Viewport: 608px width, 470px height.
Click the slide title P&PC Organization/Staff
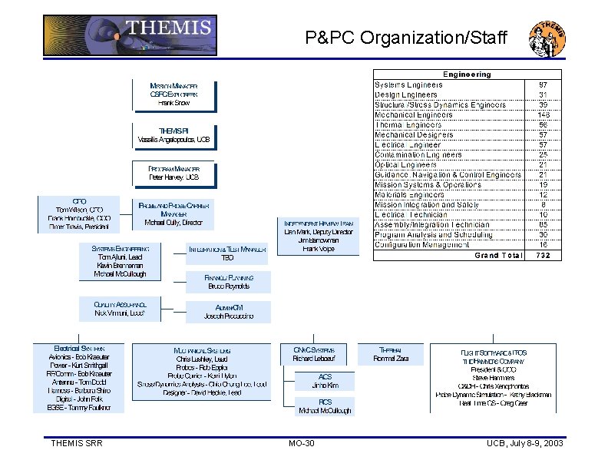coord(406,37)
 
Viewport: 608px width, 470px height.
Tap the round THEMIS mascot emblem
coord(547,38)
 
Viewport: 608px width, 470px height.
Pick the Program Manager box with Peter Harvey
coord(173,173)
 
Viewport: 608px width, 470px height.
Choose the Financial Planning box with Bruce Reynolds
coord(228,282)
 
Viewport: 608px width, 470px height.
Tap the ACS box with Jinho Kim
coord(325,380)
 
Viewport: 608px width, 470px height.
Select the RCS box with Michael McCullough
coord(325,406)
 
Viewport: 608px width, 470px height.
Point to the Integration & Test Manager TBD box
coord(228,253)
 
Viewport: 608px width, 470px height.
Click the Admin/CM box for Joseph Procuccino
coord(228,312)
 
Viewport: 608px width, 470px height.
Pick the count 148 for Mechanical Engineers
coord(543,114)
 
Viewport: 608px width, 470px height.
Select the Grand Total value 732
coord(543,255)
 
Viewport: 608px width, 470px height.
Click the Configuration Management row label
coord(421,244)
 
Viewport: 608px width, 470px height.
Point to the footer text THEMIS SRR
coord(77,444)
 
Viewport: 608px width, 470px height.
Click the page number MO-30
coord(301,444)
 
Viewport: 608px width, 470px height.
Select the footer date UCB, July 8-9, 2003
coord(524,444)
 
